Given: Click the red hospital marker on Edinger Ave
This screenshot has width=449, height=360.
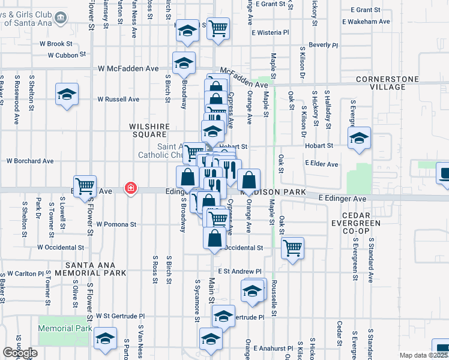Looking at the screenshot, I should tap(130, 188).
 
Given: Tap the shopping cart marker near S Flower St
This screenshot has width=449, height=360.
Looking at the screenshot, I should tap(85, 186).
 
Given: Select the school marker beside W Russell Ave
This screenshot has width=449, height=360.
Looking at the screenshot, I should tap(67, 94).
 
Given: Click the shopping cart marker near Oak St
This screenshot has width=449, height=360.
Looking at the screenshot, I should tap(292, 248).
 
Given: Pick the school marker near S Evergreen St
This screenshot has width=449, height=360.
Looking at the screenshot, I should tap(358, 139).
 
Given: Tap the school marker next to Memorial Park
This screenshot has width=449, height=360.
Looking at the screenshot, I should tap(105, 340).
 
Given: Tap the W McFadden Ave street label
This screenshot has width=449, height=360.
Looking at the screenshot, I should tap(129, 68).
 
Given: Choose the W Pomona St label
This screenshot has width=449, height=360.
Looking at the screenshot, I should tap(113, 224).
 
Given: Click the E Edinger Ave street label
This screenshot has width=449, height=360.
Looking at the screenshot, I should tap(342, 198).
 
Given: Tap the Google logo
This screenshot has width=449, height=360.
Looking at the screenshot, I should tap(20, 353).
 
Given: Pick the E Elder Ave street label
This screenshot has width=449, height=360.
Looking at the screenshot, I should tap(321, 164).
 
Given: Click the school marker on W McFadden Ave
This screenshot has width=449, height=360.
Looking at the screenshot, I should tap(184, 63).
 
